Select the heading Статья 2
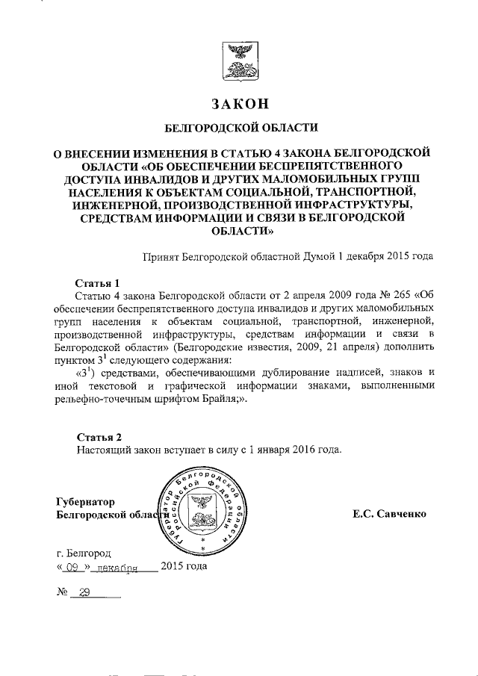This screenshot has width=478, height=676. pos(99,436)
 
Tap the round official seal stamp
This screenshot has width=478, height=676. pos(199,514)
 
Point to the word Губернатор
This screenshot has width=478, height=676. pos(86,502)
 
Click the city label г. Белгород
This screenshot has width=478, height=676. pos(84,553)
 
